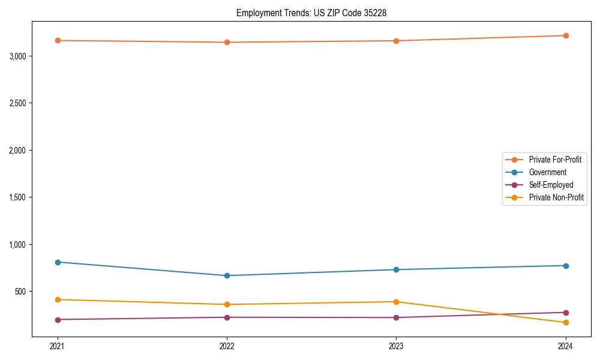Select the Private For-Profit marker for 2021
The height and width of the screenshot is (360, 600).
pyautogui.click(x=58, y=40)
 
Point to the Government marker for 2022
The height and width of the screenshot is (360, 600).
pyautogui.click(x=227, y=275)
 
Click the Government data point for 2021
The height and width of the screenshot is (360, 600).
pyautogui.click(x=58, y=262)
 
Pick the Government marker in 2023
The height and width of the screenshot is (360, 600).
pyautogui.click(x=396, y=269)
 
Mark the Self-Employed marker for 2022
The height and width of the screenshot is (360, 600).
pyautogui.click(x=227, y=317)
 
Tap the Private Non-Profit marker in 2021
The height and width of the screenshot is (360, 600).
pyautogui.click(x=58, y=299)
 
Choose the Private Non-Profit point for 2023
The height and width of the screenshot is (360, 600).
pyautogui.click(x=396, y=302)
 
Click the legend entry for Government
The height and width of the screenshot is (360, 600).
pyautogui.click(x=547, y=172)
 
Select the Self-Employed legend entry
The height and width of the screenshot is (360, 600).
pyautogui.click(x=551, y=185)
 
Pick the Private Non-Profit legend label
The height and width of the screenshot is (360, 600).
pyautogui.click(x=556, y=197)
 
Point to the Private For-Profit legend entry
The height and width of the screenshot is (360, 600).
pyautogui.click(x=555, y=160)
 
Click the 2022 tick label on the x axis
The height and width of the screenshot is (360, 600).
pyautogui.click(x=227, y=346)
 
